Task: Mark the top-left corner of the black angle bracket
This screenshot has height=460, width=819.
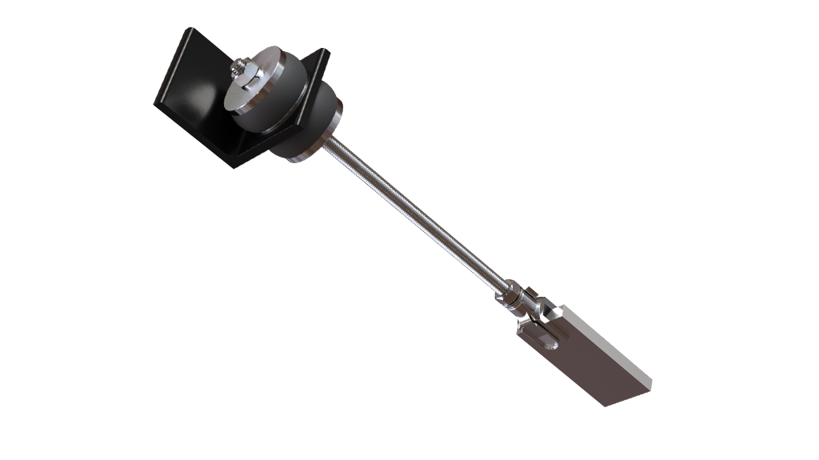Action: click(190, 30)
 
